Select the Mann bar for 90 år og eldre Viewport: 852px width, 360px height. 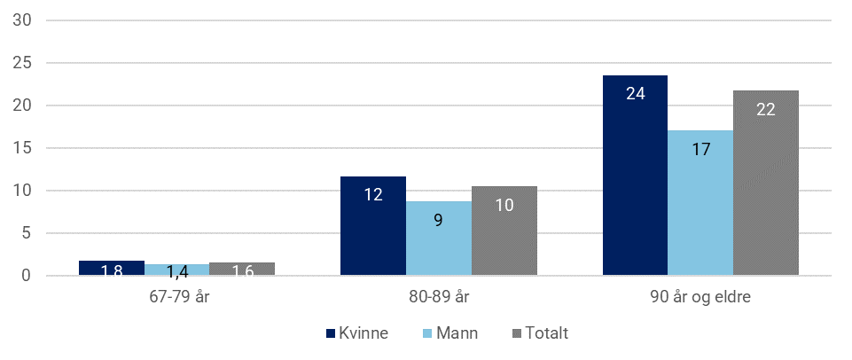700,203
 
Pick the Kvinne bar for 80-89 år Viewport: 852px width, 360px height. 373,226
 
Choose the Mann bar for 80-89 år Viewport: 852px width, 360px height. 439,239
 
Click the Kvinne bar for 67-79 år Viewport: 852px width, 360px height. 112,269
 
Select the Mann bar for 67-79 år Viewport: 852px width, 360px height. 177,270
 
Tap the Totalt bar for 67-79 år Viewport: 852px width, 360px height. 242,270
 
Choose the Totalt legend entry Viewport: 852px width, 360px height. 540,333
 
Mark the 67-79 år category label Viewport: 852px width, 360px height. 176,297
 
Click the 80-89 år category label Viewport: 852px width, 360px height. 439,297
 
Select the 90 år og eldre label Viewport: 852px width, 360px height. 700,297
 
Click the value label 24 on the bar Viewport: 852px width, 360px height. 635,91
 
